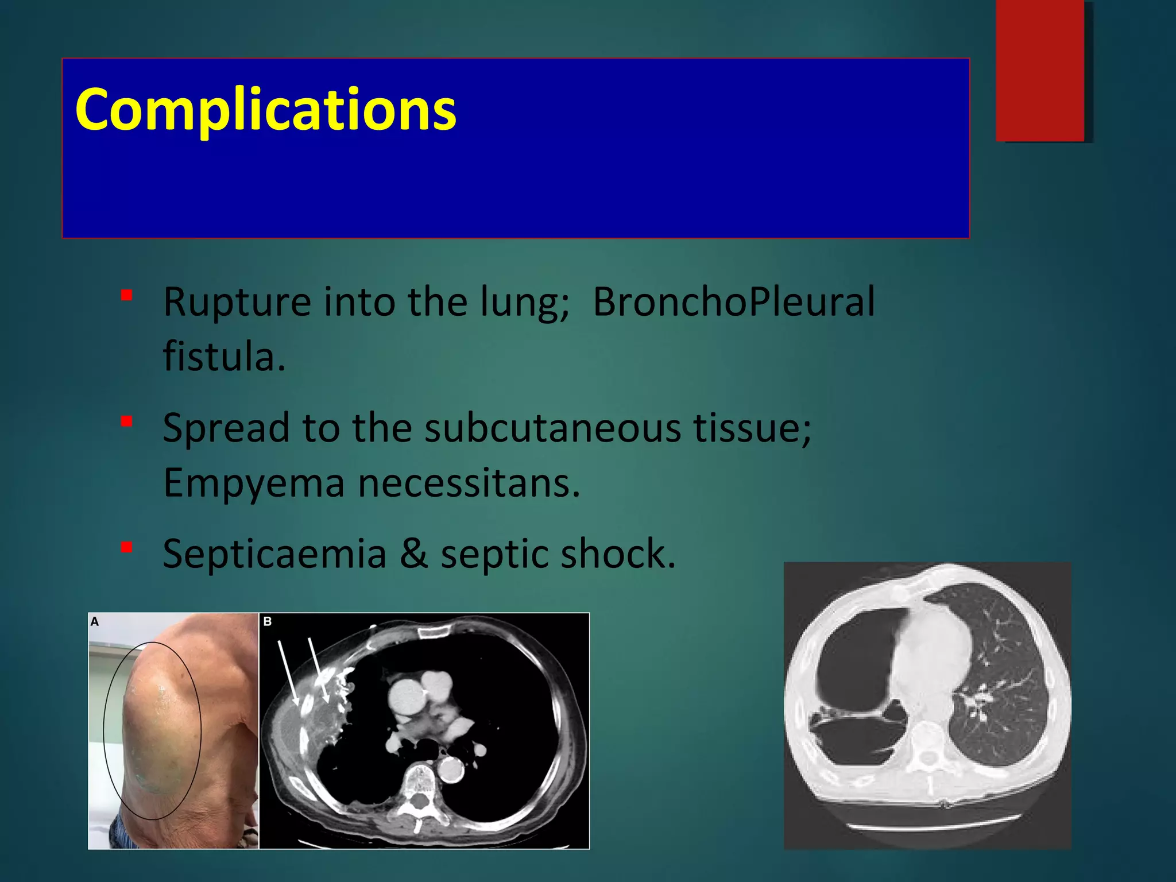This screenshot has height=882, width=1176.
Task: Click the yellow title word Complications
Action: pos(265,109)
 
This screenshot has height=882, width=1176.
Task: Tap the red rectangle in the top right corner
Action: pos(1040,70)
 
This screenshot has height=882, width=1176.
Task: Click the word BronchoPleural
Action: pos(733,301)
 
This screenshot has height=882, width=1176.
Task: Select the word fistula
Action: pos(224,356)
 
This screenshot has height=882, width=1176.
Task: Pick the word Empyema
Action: pos(254,483)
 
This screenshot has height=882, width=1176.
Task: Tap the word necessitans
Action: pos(469,483)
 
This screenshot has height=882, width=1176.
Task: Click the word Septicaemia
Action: pos(274,554)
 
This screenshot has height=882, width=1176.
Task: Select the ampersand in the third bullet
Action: pos(413,554)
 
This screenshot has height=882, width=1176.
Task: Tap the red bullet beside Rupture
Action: pos(127,296)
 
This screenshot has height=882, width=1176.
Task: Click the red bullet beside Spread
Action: pos(127,422)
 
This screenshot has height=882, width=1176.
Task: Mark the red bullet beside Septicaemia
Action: pos(127,548)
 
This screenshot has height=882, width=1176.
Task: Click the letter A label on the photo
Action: pos(95,621)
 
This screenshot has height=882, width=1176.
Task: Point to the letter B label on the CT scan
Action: pos(267,621)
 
